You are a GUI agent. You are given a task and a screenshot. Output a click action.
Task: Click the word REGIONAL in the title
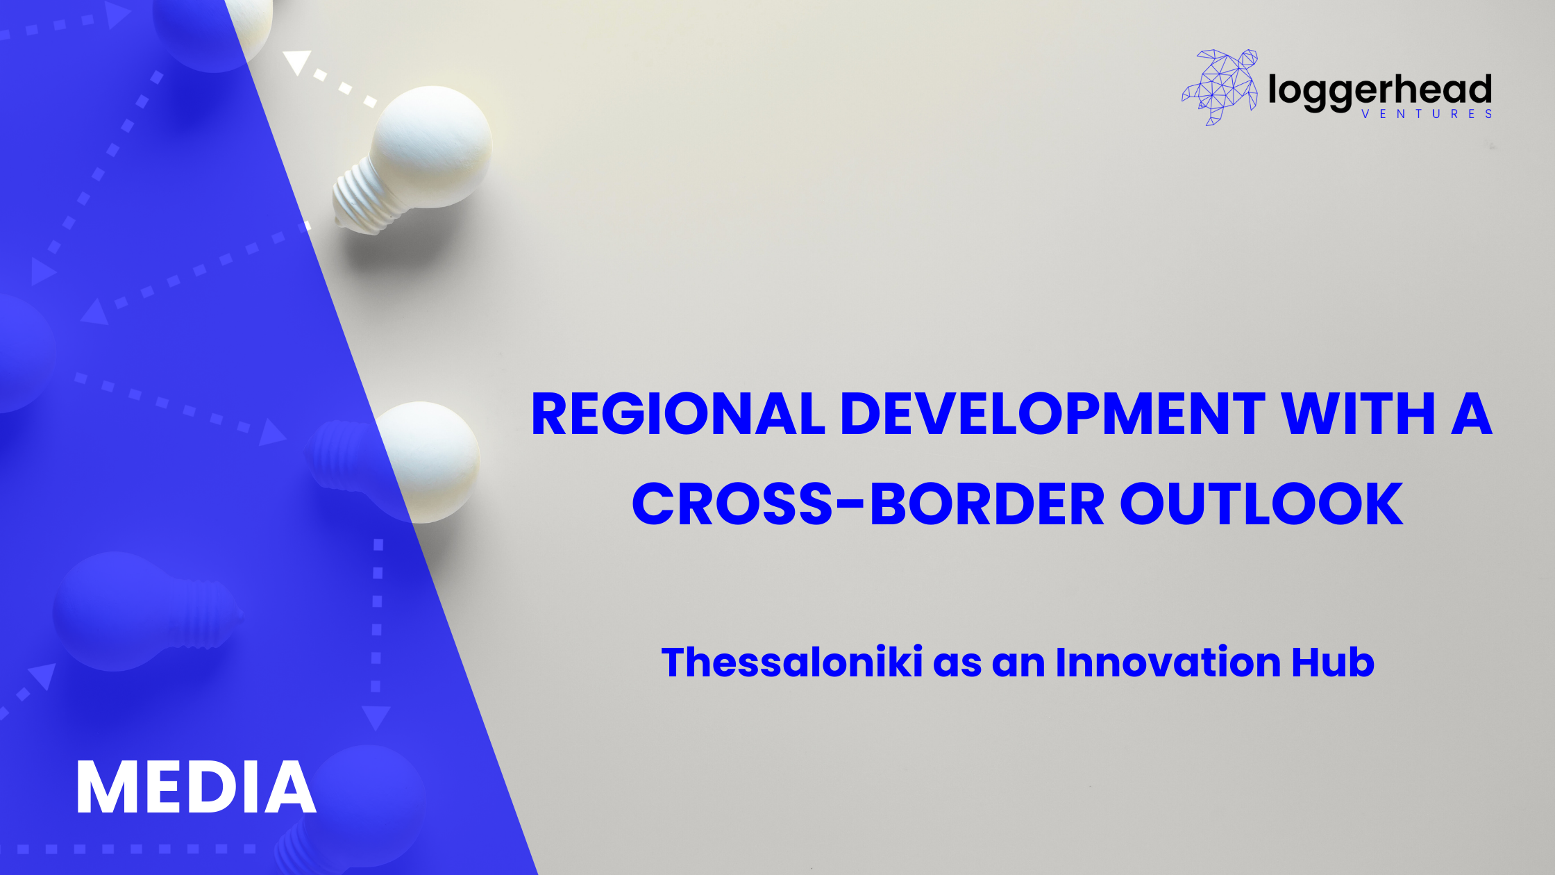click(678, 414)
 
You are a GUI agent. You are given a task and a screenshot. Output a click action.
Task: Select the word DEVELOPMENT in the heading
click(1052, 414)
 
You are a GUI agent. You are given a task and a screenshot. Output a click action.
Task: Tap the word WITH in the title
click(1359, 414)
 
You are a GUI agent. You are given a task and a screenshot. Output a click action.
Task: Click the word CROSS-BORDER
click(868, 503)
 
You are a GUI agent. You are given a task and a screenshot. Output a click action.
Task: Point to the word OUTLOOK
click(1261, 503)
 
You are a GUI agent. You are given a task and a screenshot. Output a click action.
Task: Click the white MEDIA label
click(196, 787)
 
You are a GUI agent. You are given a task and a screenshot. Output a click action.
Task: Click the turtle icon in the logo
click(1220, 87)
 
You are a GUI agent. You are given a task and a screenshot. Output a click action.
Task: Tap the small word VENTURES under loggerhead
click(1427, 115)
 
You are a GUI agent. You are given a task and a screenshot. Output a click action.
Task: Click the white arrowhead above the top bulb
click(297, 61)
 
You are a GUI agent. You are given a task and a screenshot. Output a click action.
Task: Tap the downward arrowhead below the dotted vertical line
click(376, 717)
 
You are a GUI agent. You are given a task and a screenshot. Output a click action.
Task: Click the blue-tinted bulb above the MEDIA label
click(146, 611)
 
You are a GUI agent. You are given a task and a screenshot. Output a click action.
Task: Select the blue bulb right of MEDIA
click(354, 809)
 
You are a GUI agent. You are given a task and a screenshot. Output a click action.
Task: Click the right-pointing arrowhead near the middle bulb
click(272, 432)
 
